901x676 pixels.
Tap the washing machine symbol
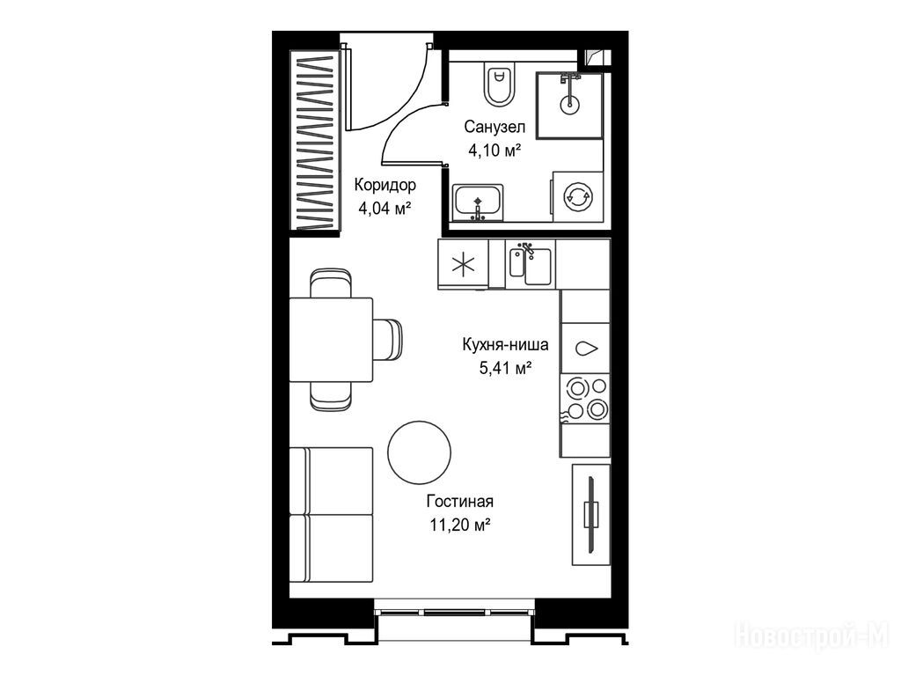577,196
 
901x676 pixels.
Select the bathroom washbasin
478,203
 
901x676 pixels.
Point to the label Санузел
494,127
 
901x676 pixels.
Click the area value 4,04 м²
385,208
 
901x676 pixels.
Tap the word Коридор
385,185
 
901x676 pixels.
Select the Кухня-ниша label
505,344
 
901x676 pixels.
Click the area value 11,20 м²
459,525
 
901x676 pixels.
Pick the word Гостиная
459,501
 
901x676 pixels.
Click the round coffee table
420,452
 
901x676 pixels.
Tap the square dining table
331,339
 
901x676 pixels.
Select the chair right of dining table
388,340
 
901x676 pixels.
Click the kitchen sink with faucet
531,264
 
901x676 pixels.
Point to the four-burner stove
585,398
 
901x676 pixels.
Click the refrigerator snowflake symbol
463,264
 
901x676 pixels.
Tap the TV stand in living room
590,514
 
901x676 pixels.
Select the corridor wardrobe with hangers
314,141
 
